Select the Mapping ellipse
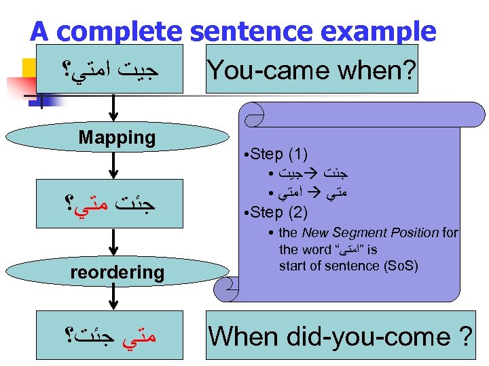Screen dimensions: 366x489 (117, 138)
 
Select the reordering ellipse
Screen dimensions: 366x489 (117, 272)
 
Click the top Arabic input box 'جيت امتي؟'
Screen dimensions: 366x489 (107, 69)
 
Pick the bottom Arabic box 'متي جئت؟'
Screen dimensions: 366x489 (117, 335)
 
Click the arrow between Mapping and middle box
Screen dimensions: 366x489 (115, 165)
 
